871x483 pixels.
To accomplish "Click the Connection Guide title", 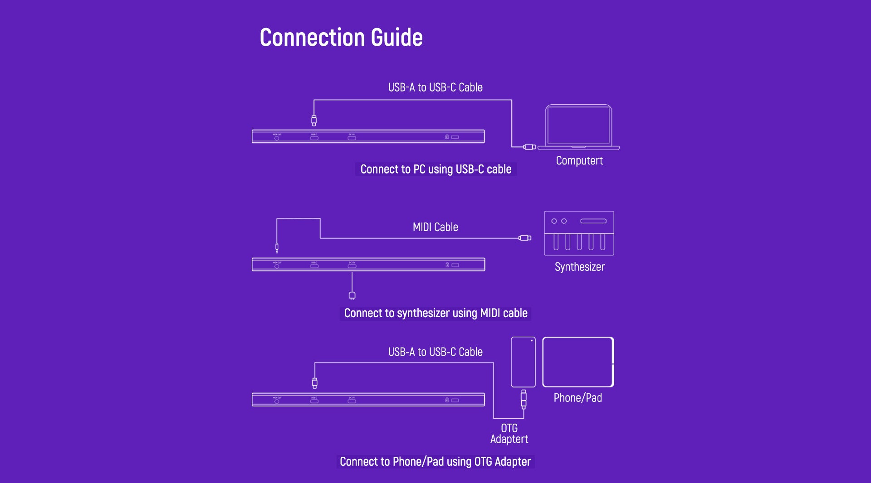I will tap(341, 37).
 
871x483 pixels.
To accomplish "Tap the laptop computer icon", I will tap(578, 127).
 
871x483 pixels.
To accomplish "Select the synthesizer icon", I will tap(579, 233).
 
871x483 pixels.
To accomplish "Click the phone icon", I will tap(523, 362).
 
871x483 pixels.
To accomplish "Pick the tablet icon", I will tap(578, 362).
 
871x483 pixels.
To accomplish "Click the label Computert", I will tap(579, 161).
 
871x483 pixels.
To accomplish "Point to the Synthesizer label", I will tap(580, 267).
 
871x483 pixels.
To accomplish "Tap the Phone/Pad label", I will tap(577, 398).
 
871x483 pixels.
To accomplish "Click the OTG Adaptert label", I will tap(509, 434).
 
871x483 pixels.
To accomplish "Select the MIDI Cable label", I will tap(435, 227).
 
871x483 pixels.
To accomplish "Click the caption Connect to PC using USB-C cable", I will tap(435, 169).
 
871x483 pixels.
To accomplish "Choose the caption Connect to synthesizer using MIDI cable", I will tap(435, 313).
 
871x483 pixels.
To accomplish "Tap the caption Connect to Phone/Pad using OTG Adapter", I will tap(435, 462).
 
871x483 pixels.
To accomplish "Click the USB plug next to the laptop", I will tap(529, 147).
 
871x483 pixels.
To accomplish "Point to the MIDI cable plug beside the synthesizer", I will tap(525, 238).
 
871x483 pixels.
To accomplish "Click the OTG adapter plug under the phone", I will tap(524, 399).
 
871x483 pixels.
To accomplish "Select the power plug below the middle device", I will tap(352, 296).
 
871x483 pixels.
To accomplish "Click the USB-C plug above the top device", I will tap(314, 121).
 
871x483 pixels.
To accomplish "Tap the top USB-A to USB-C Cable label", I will tap(435, 87).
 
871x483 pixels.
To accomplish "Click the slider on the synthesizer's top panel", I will tap(593, 221).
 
